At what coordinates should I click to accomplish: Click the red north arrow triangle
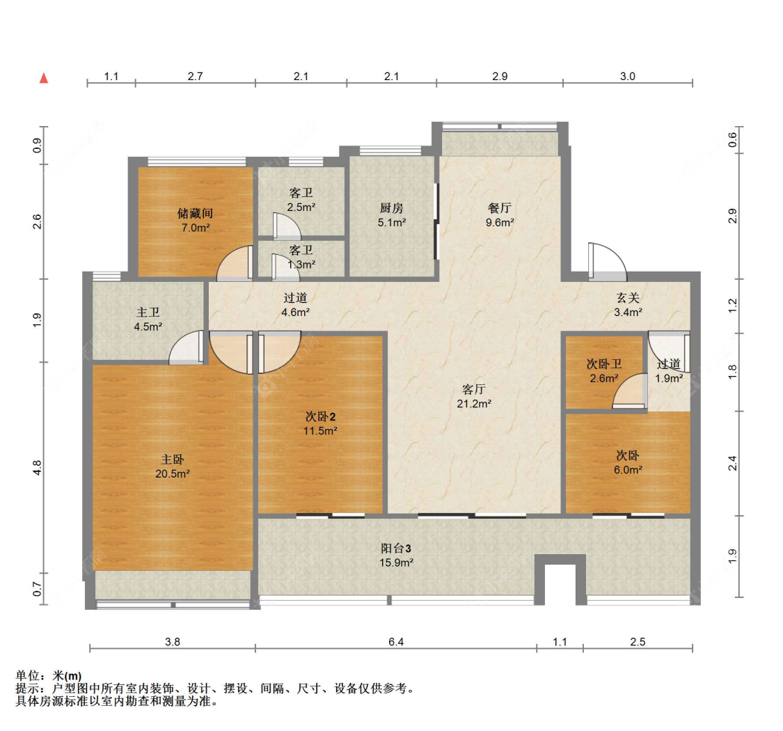[x=44, y=78]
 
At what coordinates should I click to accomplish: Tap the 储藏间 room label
[x=196, y=214]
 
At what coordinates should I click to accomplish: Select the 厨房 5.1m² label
[x=391, y=215]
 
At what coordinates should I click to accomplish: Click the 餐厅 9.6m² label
[x=499, y=215]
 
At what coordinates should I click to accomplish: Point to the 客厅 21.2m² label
[x=474, y=396]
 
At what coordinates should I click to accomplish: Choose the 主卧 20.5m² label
[x=173, y=466]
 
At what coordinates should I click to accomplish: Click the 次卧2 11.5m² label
[x=320, y=424]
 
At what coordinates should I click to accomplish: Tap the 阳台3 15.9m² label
[x=396, y=556]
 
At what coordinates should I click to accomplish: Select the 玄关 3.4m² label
[x=628, y=306]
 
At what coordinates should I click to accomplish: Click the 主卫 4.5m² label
[x=148, y=320]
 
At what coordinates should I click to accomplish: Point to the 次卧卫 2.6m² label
[x=603, y=371]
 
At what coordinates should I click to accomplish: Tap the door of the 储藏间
[x=235, y=263]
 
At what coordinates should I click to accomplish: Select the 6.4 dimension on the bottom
[x=396, y=642]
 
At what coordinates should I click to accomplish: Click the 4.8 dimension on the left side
[x=37, y=468]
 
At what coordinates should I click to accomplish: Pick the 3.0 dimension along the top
[x=628, y=77]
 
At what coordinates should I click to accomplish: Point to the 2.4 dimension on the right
[x=732, y=463]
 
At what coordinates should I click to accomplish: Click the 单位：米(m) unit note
[x=49, y=676]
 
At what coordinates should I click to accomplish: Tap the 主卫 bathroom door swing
[x=187, y=348]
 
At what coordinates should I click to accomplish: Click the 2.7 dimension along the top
[x=196, y=77]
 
